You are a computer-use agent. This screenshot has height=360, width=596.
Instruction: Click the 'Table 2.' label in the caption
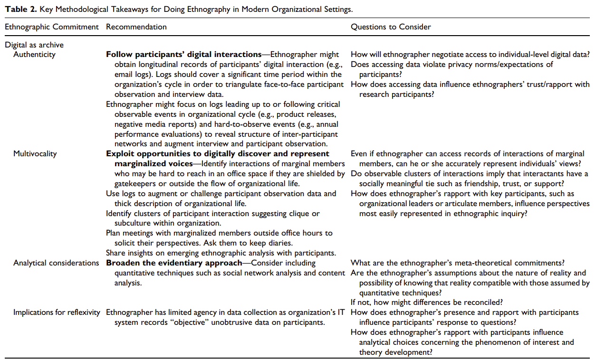(x=19, y=9)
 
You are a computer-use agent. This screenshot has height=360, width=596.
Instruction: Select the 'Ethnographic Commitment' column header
(x=52, y=27)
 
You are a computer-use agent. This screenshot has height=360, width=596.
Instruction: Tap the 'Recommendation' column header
(x=136, y=27)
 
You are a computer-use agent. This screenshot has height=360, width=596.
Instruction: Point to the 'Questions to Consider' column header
(x=391, y=27)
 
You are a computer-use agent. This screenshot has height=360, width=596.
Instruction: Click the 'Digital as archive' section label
(x=34, y=45)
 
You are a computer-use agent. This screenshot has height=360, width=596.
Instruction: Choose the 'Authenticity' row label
(x=34, y=55)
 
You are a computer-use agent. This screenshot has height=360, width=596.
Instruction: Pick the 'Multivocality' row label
(x=35, y=153)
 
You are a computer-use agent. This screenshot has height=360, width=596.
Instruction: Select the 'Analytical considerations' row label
(x=56, y=263)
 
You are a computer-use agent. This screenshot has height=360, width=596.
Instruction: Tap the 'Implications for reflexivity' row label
(x=57, y=313)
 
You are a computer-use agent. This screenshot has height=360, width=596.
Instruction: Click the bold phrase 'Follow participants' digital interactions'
(x=184, y=55)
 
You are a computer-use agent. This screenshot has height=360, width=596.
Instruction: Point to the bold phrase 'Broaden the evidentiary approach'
(x=174, y=263)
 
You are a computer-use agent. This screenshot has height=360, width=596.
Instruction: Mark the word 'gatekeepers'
(x=135, y=183)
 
